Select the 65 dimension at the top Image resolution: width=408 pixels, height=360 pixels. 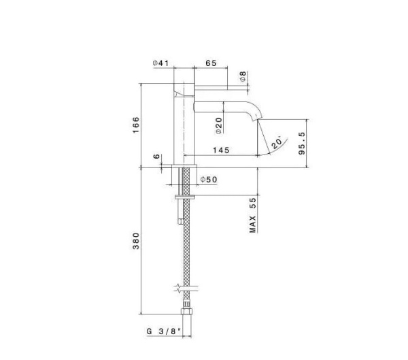(x=210, y=63)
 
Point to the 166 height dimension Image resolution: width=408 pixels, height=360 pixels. (x=135, y=124)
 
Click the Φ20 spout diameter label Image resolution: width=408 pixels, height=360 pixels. (x=220, y=125)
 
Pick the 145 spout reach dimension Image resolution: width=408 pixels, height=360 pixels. (x=220, y=150)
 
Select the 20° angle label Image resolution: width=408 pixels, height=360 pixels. (x=275, y=143)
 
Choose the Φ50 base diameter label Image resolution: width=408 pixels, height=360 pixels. (x=208, y=179)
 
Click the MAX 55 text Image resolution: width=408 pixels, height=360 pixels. (x=252, y=216)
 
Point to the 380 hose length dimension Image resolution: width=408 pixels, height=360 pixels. (x=135, y=242)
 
